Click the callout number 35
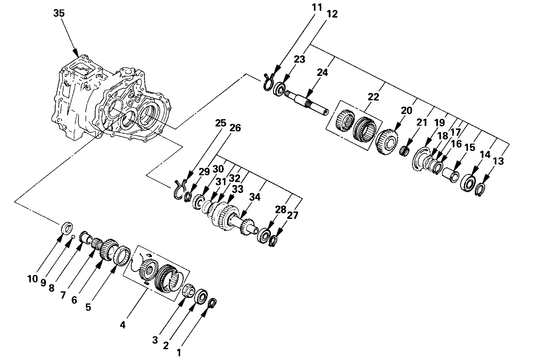pos(59,13)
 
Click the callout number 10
pos(33,279)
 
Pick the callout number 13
pos(498,161)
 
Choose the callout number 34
pos(256,198)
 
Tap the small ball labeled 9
pos(73,237)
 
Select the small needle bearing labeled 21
pos(404,152)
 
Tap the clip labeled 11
pos(268,82)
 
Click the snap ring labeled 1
pos(212,303)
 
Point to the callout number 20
pos(407,111)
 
